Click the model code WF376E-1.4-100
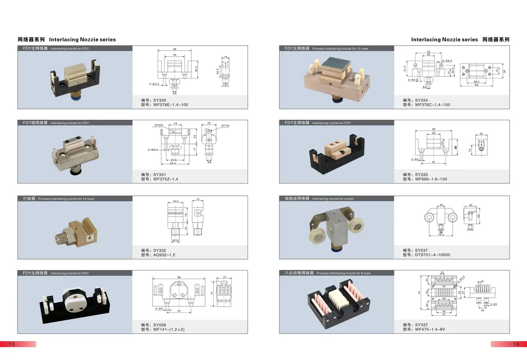point(171,105)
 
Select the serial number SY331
point(160,175)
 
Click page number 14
point(516,344)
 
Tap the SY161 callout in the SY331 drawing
point(226,126)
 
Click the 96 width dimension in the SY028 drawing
point(178,277)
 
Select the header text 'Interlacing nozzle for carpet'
point(333,198)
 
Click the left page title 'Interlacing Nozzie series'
point(83,39)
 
